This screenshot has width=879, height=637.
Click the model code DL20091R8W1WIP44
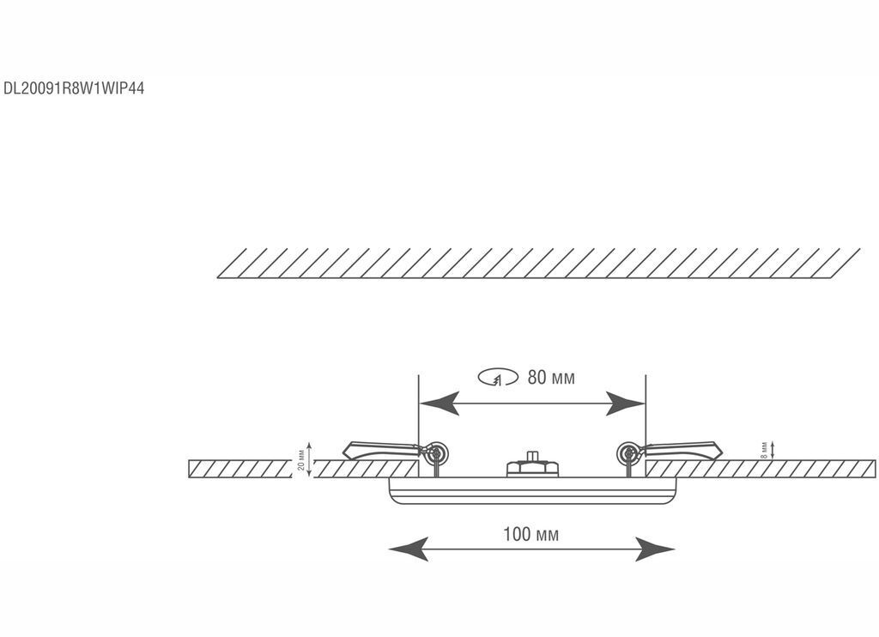(x=73, y=88)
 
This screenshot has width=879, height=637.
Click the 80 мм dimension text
(x=551, y=378)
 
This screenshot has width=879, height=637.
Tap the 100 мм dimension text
(x=530, y=535)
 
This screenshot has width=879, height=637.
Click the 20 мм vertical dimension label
(x=300, y=460)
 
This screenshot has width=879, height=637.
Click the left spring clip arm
(x=378, y=448)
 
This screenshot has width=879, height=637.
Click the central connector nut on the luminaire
(x=531, y=466)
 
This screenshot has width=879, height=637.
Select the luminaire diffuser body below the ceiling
(x=532, y=490)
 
